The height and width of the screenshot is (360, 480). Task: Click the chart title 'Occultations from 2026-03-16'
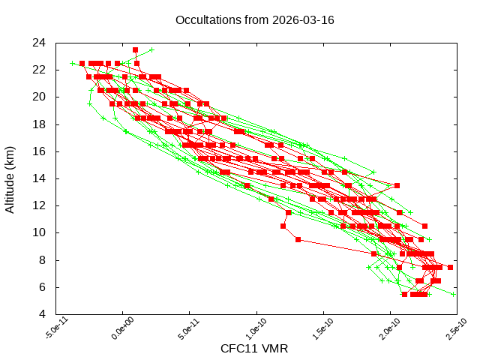[x=254, y=19]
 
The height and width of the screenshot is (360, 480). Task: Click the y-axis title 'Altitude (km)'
[x=10, y=178]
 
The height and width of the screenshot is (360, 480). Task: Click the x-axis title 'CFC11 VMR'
[x=254, y=349]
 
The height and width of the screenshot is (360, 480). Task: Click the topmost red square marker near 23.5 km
[x=136, y=50]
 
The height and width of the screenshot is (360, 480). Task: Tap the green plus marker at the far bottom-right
[x=454, y=294]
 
